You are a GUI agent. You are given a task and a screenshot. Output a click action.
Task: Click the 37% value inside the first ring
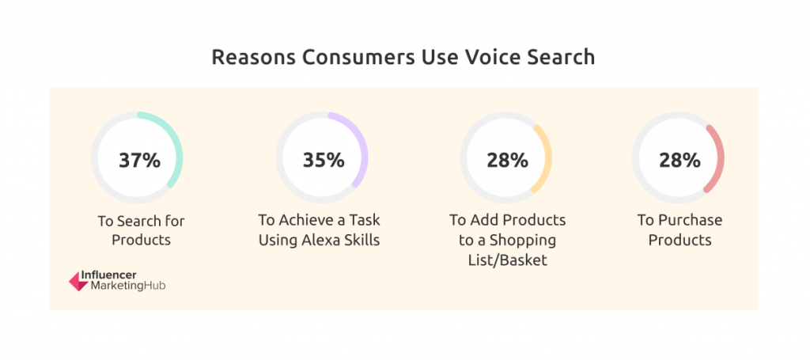139,160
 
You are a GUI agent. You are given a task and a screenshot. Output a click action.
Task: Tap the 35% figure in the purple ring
324,160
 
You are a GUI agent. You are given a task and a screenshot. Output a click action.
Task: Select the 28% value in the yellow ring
507,160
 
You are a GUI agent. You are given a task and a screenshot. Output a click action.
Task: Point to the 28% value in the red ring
679,160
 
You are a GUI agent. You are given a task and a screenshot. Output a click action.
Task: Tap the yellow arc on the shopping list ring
547,157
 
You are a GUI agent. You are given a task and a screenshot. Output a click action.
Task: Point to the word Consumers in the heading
358,57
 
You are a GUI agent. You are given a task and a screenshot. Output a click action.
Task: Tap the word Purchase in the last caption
690,221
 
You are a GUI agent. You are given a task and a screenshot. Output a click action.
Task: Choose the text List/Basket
507,260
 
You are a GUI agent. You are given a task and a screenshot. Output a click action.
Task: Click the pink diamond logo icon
79,281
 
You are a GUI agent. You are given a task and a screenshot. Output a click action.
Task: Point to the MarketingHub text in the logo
128,286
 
